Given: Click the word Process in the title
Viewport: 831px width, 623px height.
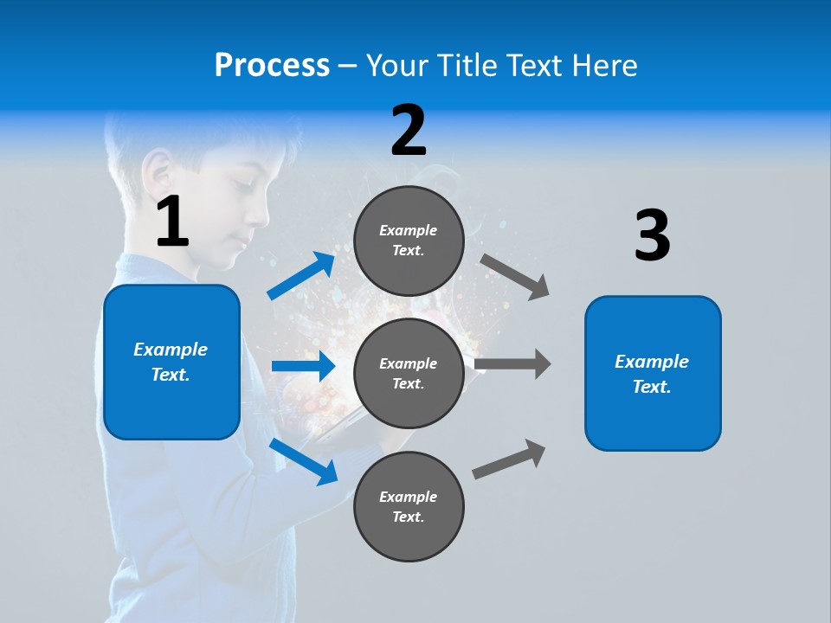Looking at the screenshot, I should coord(272,66).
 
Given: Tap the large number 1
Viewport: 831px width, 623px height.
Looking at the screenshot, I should coord(172,222).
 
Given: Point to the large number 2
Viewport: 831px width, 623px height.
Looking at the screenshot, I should coord(409,131).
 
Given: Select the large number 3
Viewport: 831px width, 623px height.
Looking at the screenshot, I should coord(652,236).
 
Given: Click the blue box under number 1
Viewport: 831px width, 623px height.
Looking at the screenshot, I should coord(171,362).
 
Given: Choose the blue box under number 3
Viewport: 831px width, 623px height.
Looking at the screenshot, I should coord(653,374).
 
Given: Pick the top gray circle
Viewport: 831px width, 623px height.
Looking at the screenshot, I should coord(409,241).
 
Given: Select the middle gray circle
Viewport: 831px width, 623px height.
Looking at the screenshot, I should coord(409,374).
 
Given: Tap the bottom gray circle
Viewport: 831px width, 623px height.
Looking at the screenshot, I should coord(409,507).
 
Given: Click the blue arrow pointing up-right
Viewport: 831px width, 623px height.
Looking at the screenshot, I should coord(301,276).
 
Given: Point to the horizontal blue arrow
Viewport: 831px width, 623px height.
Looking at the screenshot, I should coord(303,366).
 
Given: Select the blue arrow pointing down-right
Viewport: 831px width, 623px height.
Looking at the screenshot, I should coord(304,461).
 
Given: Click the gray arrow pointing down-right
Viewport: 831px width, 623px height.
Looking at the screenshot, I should coord(515,277).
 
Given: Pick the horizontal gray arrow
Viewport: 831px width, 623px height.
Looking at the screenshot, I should coord(512,364).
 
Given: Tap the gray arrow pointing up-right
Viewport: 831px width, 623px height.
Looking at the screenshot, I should coord(510,459).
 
